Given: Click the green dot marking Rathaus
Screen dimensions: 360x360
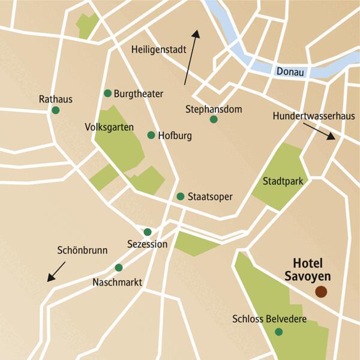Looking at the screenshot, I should (56, 110).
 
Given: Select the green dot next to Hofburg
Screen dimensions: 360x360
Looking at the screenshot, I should (151, 135).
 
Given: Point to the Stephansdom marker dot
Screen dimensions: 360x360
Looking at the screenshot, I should (214, 119).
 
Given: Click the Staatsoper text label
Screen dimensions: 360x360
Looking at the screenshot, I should (209, 197).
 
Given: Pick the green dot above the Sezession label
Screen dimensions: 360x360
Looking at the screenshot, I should (148, 232).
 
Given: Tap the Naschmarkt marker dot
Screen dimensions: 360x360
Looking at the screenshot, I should (119, 268).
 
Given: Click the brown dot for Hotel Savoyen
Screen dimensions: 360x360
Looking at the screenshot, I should (321, 292).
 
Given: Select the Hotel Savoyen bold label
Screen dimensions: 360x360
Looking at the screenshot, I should (310, 270).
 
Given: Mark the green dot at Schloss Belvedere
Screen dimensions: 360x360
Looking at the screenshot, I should (278, 332).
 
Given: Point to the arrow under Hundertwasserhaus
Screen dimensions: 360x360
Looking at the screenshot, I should (318, 131).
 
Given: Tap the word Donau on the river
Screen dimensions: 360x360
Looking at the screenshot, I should (291, 72).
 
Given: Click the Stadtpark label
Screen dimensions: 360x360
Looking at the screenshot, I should (282, 181).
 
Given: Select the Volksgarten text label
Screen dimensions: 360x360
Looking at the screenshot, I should (108, 127).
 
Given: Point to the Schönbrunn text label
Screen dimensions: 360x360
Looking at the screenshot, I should (82, 251).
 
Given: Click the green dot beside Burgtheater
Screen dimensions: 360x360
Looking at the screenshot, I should (108, 93).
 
